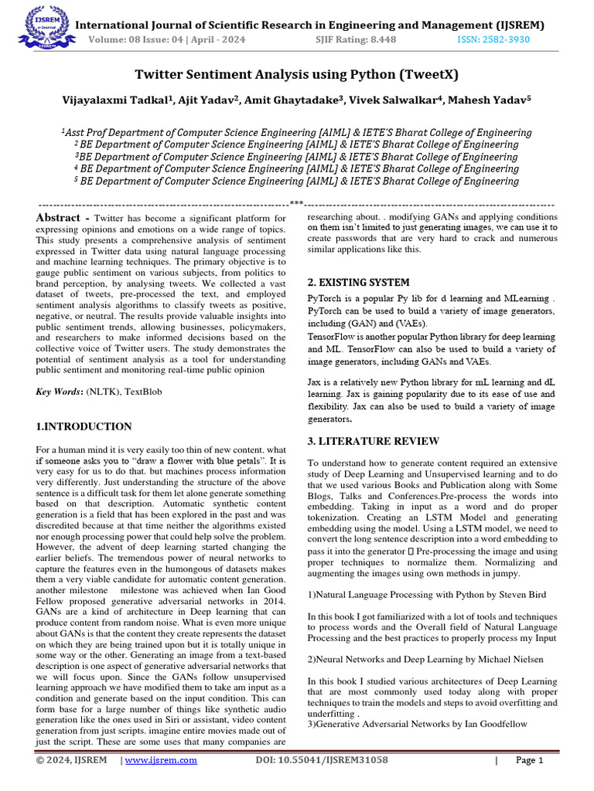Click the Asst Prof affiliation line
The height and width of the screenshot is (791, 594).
pyautogui.click(x=296, y=132)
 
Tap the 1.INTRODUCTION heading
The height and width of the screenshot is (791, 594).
pyautogui.click(x=84, y=426)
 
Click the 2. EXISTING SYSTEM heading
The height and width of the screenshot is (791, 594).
pyautogui.click(x=358, y=283)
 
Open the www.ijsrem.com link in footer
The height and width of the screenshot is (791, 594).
pyautogui.click(x=161, y=760)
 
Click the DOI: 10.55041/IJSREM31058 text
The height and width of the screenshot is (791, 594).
pyautogui.click(x=322, y=760)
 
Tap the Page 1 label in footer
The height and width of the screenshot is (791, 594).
pyautogui.click(x=530, y=760)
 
